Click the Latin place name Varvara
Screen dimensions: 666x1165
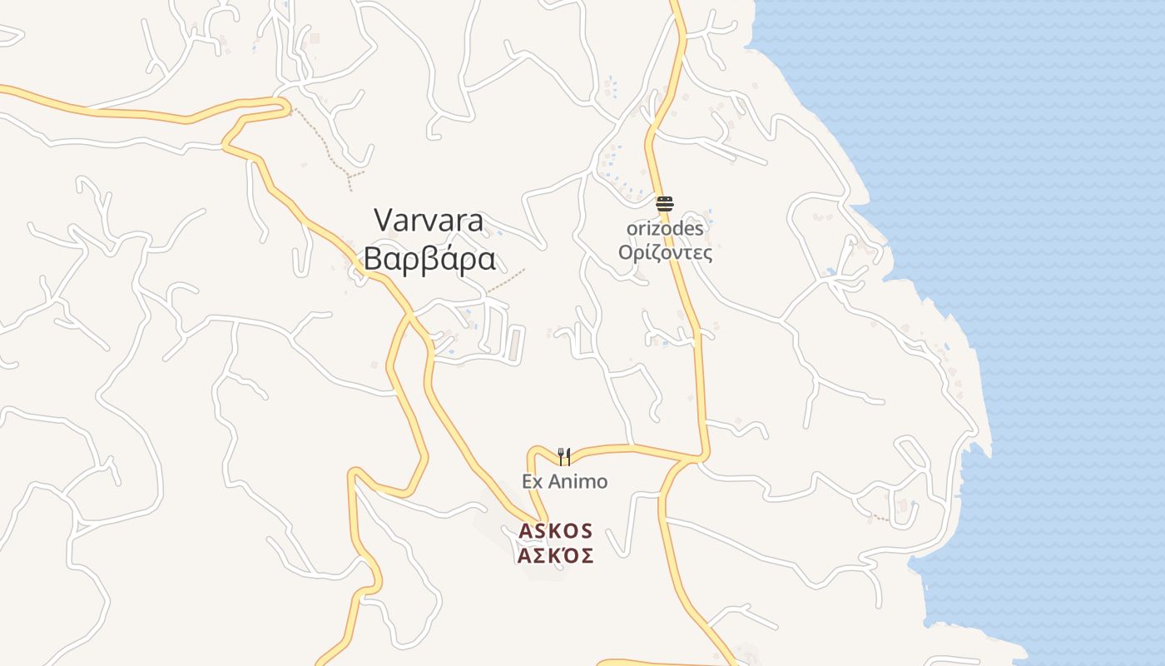point(429,221)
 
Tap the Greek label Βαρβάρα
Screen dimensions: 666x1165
point(429,260)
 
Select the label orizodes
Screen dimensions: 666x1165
point(665,228)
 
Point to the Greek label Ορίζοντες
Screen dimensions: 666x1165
point(665,251)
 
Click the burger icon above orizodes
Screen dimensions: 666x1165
point(664,203)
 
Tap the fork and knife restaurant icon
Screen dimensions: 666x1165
point(564,456)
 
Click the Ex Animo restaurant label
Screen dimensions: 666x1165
point(565,481)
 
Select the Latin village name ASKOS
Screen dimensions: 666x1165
point(556,530)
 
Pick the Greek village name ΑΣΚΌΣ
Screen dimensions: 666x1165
point(556,555)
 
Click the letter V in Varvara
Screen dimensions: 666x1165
point(383,221)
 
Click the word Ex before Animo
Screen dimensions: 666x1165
point(532,481)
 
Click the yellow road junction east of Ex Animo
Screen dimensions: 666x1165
point(700,458)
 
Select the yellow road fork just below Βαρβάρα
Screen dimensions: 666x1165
point(410,315)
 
